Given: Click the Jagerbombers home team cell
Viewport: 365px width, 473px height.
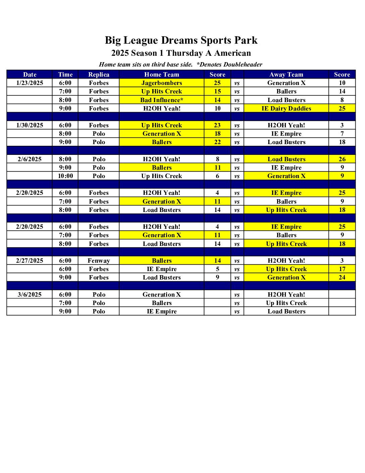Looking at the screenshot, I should click(x=162, y=83).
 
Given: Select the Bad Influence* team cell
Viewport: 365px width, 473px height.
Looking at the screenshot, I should click(x=162, y=100).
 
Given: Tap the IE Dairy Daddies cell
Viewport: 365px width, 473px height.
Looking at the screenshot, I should click(x=286, y=109).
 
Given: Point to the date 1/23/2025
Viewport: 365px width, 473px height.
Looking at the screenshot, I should click(x=30, y=83).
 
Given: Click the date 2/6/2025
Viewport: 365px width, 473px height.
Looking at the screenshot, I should click(x=30, y=159).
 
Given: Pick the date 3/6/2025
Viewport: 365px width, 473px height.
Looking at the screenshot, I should click(x=30, y=295).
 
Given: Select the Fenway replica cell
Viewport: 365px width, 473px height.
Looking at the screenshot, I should click(x=99, y=261).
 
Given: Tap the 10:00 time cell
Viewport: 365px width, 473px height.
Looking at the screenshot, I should click(x=65, y=176).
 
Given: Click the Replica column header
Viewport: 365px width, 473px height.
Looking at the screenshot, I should click(x=99, y=75).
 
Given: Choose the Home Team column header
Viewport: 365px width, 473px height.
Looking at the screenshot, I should click(x=162, y=75).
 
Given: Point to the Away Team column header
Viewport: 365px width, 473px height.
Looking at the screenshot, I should click(x=286, y=75).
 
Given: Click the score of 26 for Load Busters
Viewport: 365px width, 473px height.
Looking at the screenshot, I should click(x=342, y=159).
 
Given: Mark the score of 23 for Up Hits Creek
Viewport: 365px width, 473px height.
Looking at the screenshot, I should click(x=217, y=125).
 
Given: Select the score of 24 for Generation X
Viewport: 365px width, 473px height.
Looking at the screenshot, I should click(x=342, y=277).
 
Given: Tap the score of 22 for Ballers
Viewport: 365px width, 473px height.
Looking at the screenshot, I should click(x=217, y=142).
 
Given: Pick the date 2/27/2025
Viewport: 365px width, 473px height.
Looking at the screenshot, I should click(x=30, y=261).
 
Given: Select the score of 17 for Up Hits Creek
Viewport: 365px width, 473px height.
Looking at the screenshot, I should click(x=342, y=269).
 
